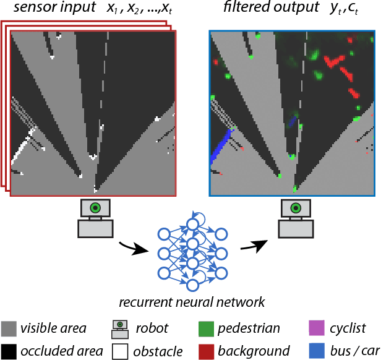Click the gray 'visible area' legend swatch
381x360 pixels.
click(x=9, y=328)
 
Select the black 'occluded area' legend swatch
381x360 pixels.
click(x=9, y=351)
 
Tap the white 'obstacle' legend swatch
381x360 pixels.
click(x=121, y=351)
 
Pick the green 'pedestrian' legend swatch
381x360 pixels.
click(x=207, y=328)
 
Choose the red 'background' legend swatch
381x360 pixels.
click(x=207, y=351)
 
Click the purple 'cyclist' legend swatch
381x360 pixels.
click(x=316, y=328)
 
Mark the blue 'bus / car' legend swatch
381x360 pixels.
click(x=316, y=351)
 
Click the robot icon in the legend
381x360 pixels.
click(x=121, y=328)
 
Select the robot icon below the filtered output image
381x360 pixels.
click(x=295, y=218)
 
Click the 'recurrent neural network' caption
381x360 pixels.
click(x=192, y=302)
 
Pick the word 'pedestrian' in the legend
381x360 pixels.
click(x=249, y=328)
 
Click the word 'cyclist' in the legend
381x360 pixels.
click(x=348, y=328)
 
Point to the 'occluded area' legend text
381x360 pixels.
click(x=61, y=351)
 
